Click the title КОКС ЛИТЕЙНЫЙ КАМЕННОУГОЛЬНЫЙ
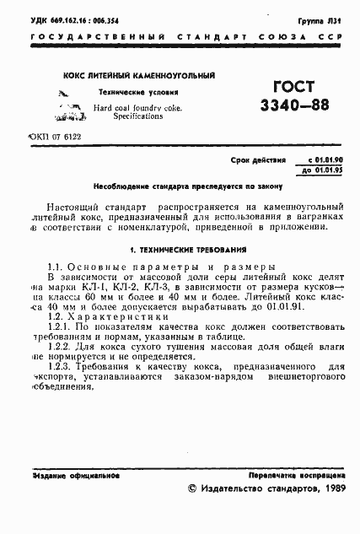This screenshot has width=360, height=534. [x=139, y=75]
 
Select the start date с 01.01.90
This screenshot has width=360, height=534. [x=313, y=158]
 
